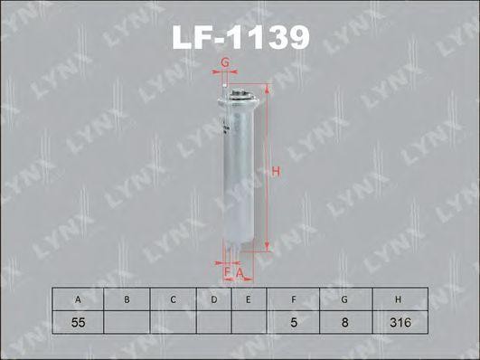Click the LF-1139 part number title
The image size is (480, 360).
coord(240,37)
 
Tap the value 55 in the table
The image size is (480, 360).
coord(79,320)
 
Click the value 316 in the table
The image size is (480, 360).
coord(397,320)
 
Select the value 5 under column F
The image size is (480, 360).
coord(296,320)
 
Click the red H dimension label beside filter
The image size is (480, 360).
coord(278,171)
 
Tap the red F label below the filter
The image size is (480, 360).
coord(227,270)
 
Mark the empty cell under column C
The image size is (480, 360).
coord(172,320)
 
